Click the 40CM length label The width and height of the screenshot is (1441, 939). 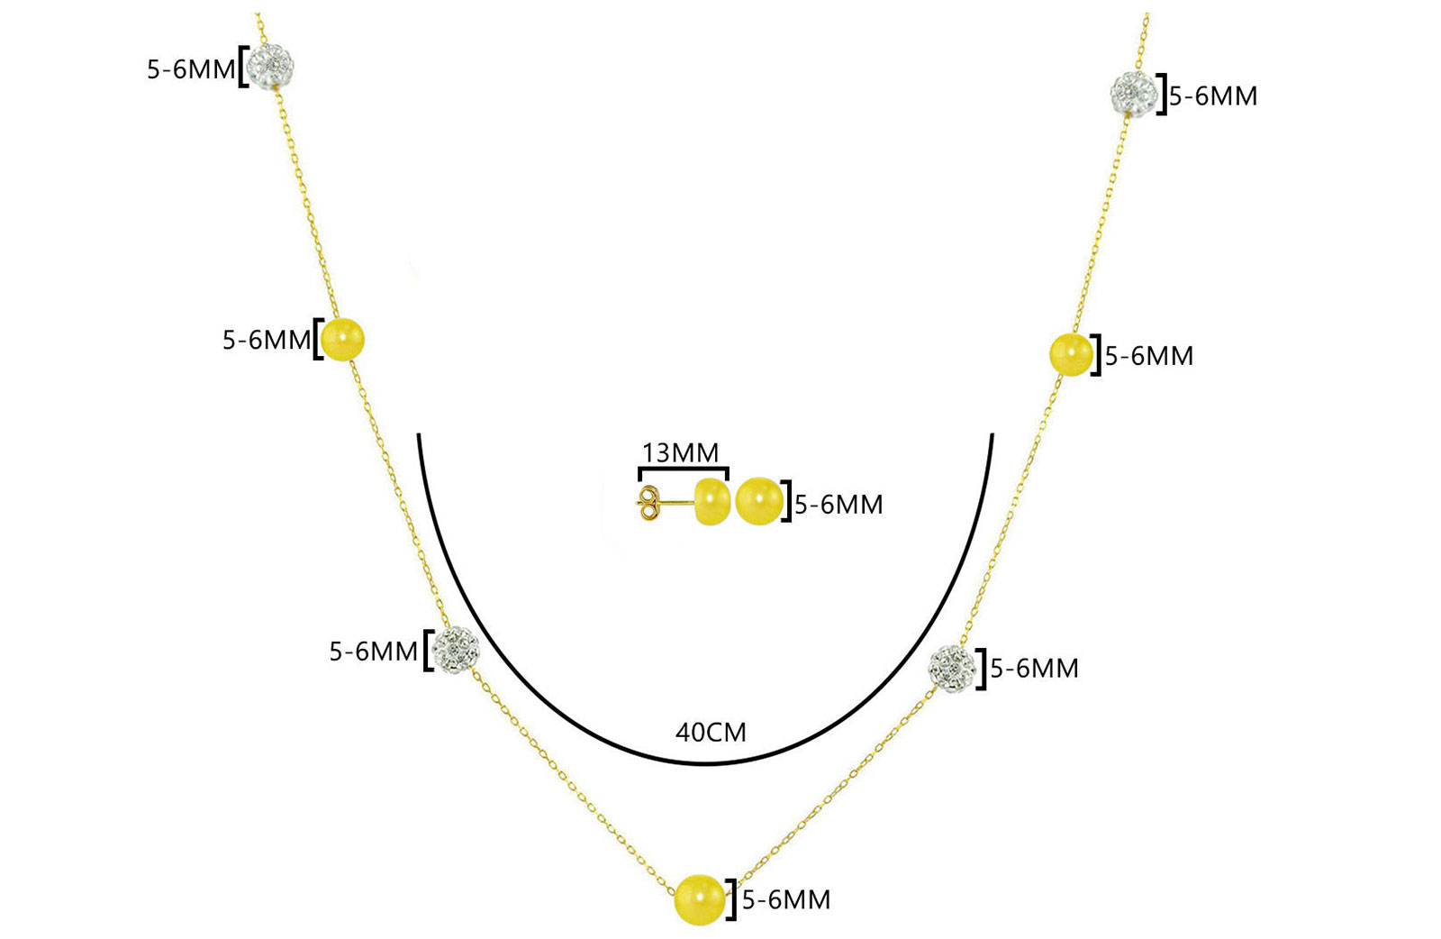[711, 733]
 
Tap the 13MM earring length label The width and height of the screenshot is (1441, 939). [680, 453]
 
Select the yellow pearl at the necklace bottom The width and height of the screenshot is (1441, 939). [700, 899]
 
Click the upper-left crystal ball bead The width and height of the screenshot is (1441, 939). [271, 66]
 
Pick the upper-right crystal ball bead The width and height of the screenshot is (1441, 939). [1134, 94]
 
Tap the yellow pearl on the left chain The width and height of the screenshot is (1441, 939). [342, 339]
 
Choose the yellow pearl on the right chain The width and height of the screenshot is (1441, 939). [1071, 354]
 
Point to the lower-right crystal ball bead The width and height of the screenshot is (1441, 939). [952, 669]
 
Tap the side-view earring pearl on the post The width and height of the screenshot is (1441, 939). [712, 501]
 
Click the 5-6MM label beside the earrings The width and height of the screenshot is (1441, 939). [838, 506]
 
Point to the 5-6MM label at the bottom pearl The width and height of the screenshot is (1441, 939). [786, 900]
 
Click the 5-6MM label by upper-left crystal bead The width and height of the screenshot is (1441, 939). [191, 69]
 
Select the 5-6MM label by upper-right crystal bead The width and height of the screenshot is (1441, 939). [1213, 96]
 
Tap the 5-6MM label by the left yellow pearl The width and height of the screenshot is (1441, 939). [267, 341]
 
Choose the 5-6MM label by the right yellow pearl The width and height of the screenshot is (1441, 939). [1149, 357]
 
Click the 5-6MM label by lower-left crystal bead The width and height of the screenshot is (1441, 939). [374, 652]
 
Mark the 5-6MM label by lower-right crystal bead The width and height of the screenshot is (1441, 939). [1035, 670]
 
